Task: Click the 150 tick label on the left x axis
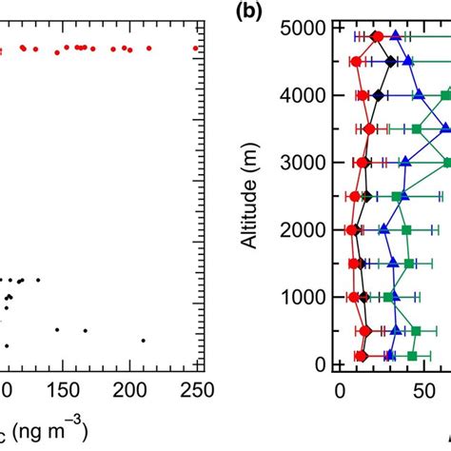[x=67, y=391]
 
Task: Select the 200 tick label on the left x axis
[x=128, y=391]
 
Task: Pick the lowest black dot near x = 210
[x=144, y=340]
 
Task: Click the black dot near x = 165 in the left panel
[x=85, y=330]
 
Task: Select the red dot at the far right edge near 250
[x=197, y=48]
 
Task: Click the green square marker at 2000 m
[x=406, y=230]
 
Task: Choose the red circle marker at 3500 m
[x=369, y=128]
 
